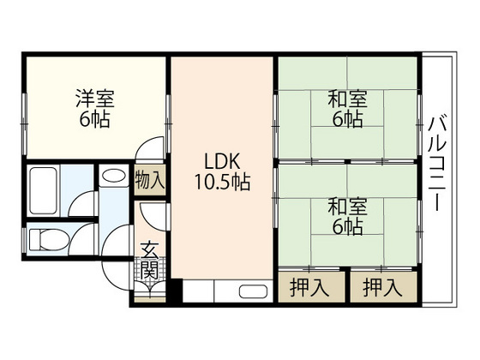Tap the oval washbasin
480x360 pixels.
pos(111,177)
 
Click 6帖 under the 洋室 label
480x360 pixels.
pos(94,120)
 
